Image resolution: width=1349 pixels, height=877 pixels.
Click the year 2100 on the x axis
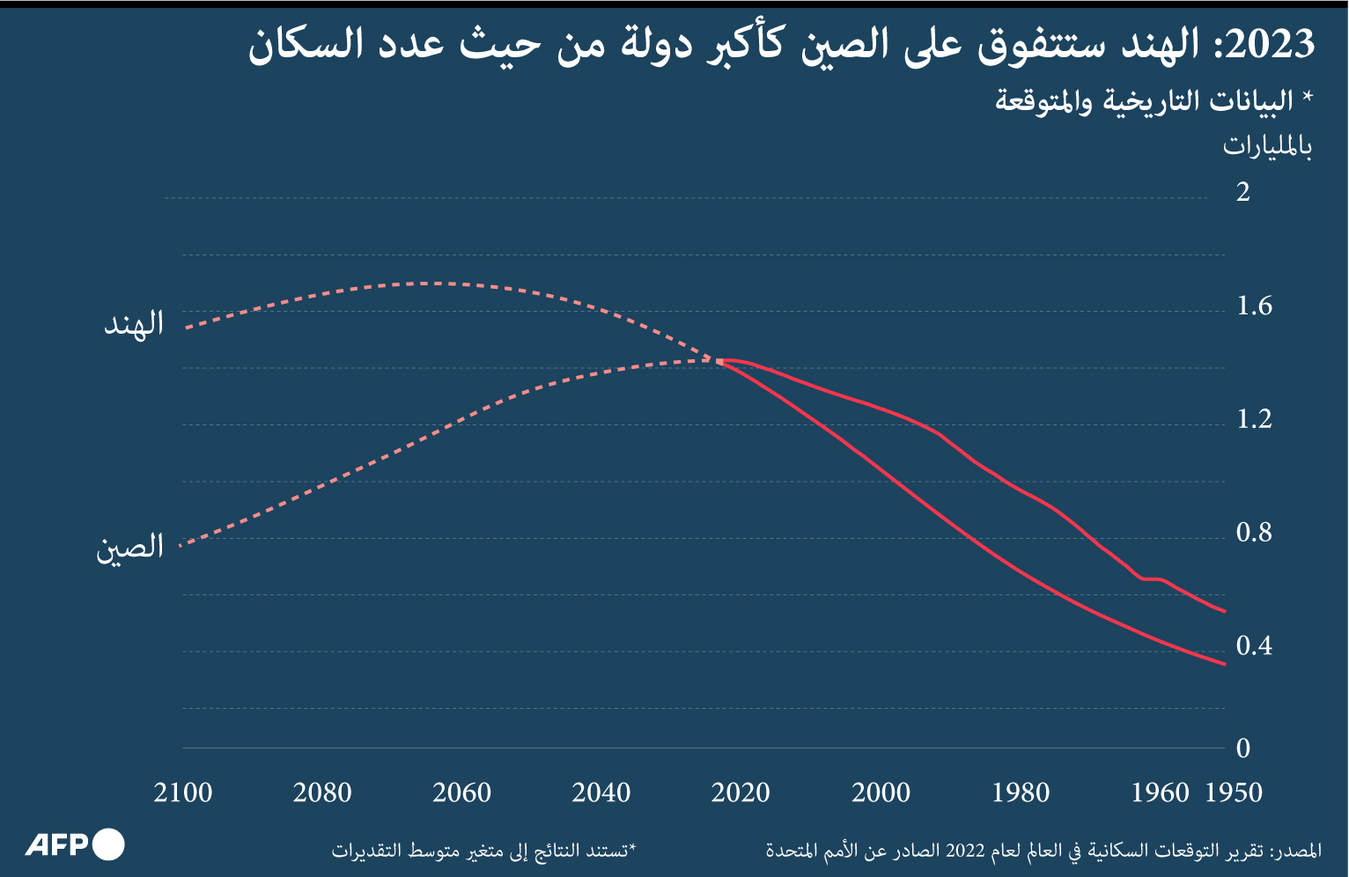(x=183, y=792)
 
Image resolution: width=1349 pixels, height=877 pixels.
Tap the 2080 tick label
(x=322, y=792)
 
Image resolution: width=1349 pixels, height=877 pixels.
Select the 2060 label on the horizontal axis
(x=461, y=792)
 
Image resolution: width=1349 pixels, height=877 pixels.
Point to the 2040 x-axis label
(x=601, y=792)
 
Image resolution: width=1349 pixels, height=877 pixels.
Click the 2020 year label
(x=741, y=792)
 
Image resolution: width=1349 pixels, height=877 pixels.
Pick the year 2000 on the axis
(x=881, y=792)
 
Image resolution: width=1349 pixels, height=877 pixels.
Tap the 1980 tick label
(x=1021, y=792)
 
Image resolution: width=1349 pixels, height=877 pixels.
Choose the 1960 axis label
(x=1160, y=792)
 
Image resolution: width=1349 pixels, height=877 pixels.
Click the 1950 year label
(x=1234, y=792)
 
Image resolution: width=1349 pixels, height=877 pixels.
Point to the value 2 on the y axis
(x=1242, y=192)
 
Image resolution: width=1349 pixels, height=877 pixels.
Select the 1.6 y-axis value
(x=1254, y=306)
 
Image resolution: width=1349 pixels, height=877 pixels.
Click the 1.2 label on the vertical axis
(x=1254, y=419)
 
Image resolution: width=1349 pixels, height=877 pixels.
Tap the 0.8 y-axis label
(x=1254, y=533)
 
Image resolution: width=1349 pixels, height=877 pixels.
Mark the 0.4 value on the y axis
(x=1254, y=646)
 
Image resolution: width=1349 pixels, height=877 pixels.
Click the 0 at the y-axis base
(x=1242, y=748)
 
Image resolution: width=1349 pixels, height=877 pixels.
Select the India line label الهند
(x=135, y=324)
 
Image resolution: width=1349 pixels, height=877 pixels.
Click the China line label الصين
(x=130, y=548)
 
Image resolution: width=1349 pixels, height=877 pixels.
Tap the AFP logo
(x=75, y=845)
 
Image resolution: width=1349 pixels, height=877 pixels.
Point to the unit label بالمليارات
(x=1267, y=146)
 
